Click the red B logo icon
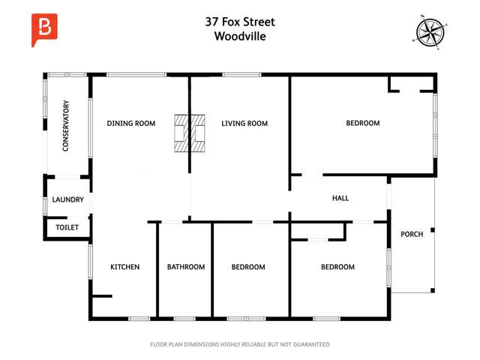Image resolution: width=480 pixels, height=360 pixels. point(44,29)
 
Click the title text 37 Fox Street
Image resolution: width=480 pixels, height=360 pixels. point(240,22)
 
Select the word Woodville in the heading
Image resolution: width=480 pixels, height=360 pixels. point(240,36)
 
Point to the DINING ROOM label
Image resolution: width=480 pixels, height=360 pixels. point(130,124)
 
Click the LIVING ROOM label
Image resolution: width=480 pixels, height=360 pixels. point(244,124)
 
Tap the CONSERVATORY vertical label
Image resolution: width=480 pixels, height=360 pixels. point(66,126)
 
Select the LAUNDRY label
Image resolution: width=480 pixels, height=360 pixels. point(67,199)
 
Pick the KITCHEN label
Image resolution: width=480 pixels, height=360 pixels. point(125,267)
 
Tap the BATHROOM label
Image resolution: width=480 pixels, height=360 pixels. point(185,267)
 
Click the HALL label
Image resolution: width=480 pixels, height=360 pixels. point(340,198)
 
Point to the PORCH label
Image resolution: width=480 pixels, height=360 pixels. point(412,234)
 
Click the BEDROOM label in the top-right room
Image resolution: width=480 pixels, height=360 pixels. point(362,124)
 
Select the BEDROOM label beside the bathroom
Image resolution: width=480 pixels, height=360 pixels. point(248,267)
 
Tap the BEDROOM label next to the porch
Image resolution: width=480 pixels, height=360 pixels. point(337,267)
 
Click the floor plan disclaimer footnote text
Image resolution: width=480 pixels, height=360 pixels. point(240,344)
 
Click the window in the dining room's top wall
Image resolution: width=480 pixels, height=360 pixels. point(136,74)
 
